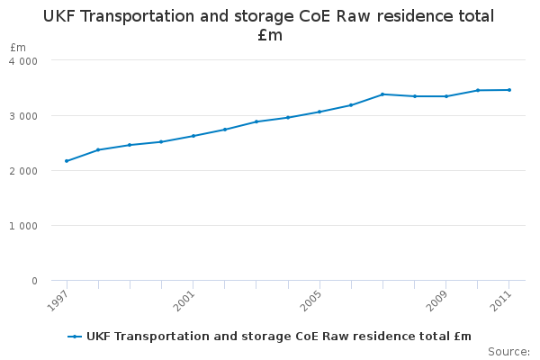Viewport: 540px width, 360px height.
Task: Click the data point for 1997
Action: [67, 161]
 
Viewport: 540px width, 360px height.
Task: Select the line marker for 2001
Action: [193, 136]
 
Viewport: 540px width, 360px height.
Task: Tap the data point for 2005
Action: [319, 112]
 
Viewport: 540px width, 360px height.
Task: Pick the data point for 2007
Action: [382, 94]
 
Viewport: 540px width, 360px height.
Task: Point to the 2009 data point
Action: [446, 96]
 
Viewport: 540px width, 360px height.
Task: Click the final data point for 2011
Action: [509, 90]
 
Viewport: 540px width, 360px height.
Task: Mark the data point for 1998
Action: [98, 149]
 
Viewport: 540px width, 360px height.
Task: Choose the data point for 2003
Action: [256, 121]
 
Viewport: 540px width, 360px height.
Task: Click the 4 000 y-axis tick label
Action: [23, 60]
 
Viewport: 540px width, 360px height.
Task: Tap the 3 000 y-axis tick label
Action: [23, 116]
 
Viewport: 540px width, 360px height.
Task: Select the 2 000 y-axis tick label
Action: [23, 171]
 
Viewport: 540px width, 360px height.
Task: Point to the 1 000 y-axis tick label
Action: [23, 226]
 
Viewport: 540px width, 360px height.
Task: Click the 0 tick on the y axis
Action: [34, 281]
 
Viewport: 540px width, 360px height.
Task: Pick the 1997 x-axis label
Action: [56, 300]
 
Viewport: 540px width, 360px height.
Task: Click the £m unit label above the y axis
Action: [18, 47]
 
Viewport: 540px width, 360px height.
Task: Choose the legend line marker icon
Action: [76, 337]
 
